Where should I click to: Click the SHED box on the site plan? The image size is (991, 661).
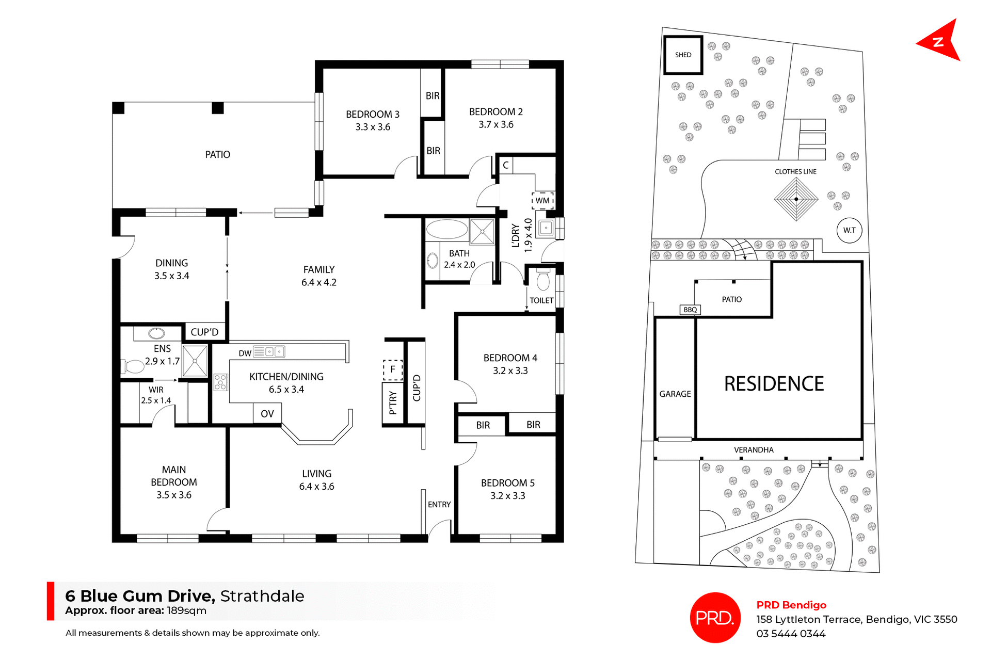point(682,55)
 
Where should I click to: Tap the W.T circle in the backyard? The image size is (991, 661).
point(849,230)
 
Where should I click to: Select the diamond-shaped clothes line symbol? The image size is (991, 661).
point(796,199)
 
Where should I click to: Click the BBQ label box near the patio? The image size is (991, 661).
point(690,310)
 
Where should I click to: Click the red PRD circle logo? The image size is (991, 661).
point(715,618)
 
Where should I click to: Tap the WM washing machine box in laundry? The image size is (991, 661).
point(542,200)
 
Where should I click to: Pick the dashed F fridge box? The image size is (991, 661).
point(392,369)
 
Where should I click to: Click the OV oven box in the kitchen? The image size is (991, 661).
point(267,413)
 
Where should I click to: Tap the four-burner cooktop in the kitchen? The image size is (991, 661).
point(221,382)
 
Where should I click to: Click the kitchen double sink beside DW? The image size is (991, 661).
point(274,352)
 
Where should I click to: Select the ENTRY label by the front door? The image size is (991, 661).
point(439,504)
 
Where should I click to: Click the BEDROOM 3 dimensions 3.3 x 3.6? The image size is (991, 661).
point(373,127)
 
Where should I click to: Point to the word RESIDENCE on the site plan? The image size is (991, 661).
point(774,383)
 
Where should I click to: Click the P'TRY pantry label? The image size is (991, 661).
point(393,402)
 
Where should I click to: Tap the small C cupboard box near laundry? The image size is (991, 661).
point(505,165)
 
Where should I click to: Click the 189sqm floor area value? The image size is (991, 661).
point(186,611)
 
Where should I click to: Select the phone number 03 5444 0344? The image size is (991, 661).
point(791,634)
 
